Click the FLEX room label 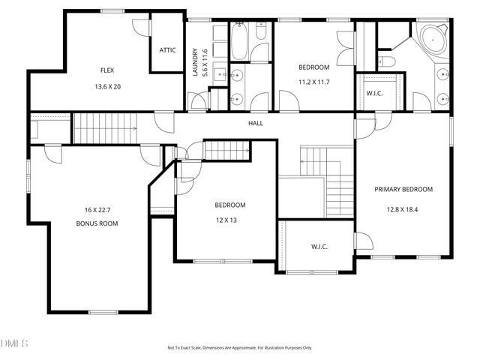click(x=107, y=70)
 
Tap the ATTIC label click(x=167, y=50)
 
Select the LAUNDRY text click(x=195, y=61)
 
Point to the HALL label click(x=256, y=123)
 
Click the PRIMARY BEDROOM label click(x=403, y=189)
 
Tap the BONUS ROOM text click(x=97, y=223)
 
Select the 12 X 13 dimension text click(x=230, y=220)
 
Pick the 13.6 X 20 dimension click(x=107, y=86)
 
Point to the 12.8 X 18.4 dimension click(x=403, y=209)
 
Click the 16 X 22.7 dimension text click(x=97, y=209)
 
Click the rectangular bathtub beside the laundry click(x=238, y=42)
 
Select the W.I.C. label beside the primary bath click(x=375, y=94)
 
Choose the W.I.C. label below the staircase click(x=319, y=247)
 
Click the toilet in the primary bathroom click(x=386, y=61)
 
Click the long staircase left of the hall click(x=105, y=128)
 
